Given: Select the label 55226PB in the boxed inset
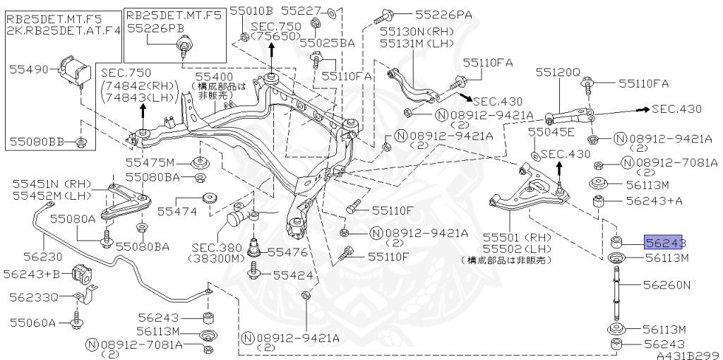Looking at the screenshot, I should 155,28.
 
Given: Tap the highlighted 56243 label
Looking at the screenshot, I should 664,243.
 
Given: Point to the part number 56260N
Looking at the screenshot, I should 666,285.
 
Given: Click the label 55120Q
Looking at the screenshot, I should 557,72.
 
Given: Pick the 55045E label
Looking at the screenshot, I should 551,132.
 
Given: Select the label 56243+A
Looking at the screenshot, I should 652,200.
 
